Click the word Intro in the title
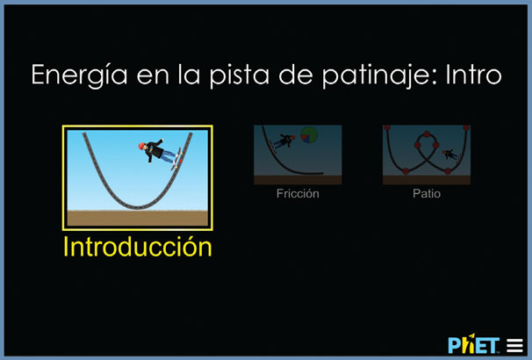(474, 75)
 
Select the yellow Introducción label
(138, 247)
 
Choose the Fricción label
(298, 193)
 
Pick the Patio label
(427, 193)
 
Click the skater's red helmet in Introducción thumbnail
(142, 146)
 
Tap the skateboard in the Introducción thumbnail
(176, 159)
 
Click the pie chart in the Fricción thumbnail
(309, 134)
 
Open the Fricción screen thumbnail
(298, 155)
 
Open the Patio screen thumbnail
(427, 155)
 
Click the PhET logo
(474, 345)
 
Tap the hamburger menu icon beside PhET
(514, 346)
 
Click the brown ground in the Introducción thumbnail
(138, 218)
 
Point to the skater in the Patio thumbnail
(450, 155)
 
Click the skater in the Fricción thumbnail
(284, 140)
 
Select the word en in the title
(153, 77)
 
